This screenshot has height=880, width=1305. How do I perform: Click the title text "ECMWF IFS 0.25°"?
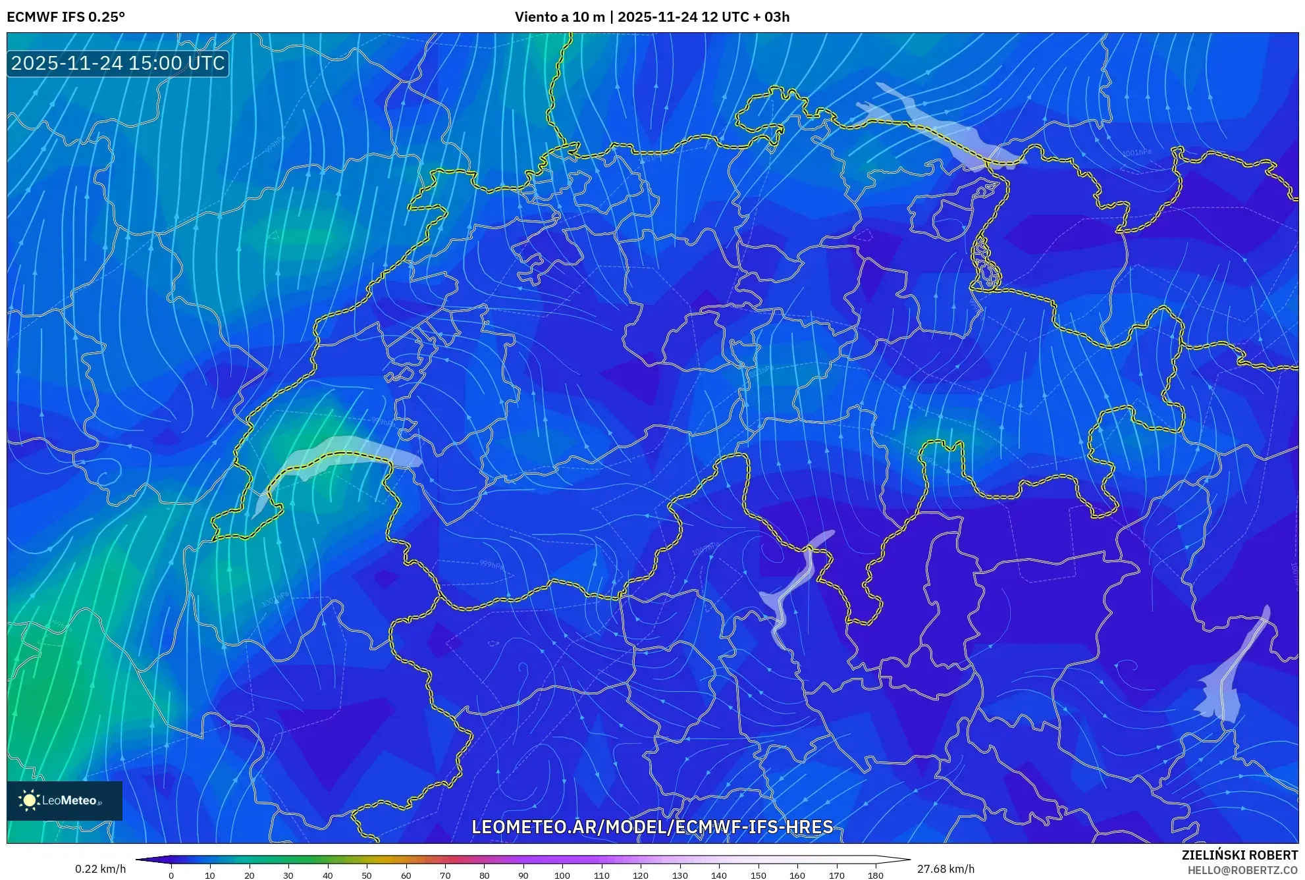click(x=66, y=17)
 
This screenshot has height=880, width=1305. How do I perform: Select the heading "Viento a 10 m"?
click(x=559, y=17)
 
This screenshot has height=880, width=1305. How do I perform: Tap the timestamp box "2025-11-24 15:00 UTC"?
click(x=118, y=63)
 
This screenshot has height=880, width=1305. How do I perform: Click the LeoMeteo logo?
click(x=65, y=800)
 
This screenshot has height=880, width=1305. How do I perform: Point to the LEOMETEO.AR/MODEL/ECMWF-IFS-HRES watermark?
click(x=652, y=827)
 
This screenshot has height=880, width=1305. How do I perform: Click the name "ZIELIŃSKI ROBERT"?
click(x=1239, y=855)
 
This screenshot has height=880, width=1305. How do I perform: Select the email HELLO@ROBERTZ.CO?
click(x=1242, y=870)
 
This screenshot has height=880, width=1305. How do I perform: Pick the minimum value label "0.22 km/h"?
click(x=100, y=869)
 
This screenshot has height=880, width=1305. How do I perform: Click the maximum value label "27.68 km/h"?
click(x=945, y=869)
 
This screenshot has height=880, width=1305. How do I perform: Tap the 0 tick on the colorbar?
click(x=171, y=875)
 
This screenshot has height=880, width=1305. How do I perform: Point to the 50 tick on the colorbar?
click(x=367, y=875)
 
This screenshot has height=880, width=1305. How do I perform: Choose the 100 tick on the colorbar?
click(x=562, y=875)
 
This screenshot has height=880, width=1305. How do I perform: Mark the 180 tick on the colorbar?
click(x=875, y=875)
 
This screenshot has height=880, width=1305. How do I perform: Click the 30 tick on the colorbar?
click(x=288, y=875)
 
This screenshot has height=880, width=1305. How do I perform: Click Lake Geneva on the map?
click(x=342, y=453)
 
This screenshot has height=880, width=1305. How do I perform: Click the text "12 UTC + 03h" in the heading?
click(x=745, y=17)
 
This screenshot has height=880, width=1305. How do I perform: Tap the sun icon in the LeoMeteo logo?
click(x=29, y=800)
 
